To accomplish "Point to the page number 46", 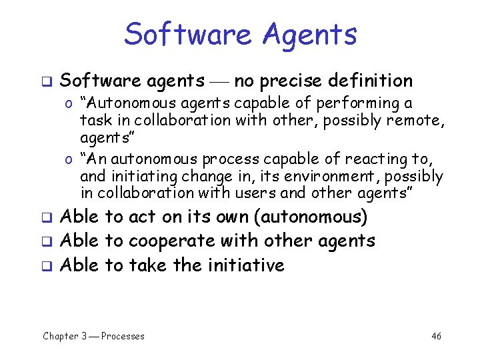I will click(436, 336).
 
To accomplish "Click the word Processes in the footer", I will click(123, 336).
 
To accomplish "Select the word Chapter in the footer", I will click(61, 336).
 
